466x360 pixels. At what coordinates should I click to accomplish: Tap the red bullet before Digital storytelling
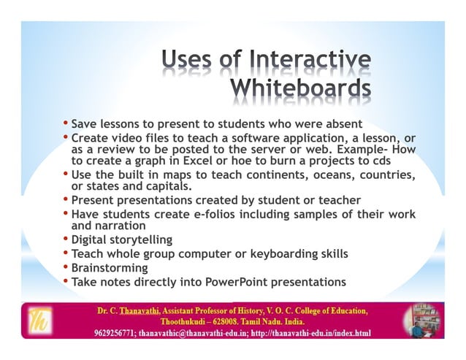[x=66, y=239]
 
